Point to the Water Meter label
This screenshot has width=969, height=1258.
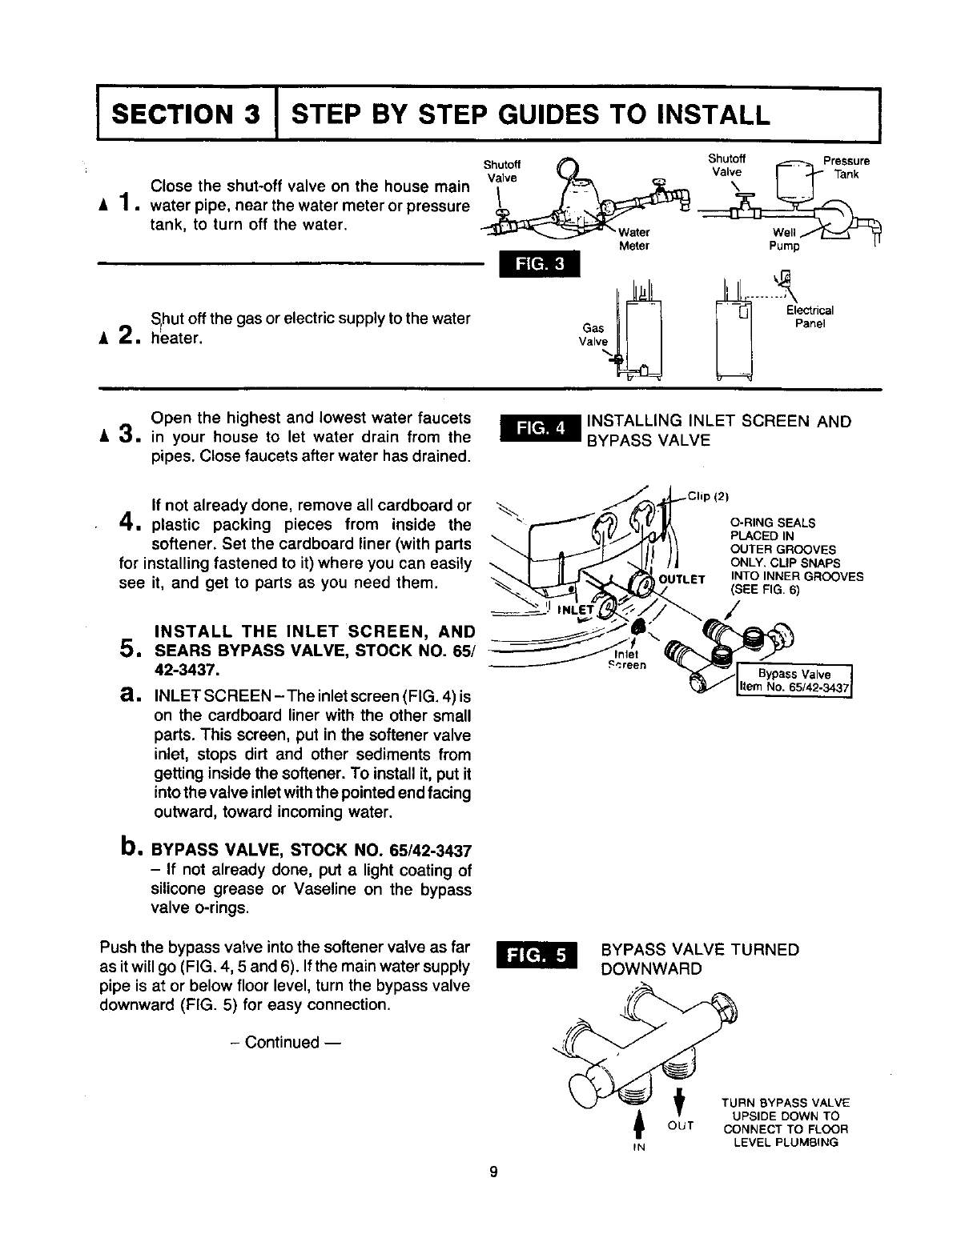click(x=633, y=239)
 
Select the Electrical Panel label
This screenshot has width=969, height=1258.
click(x=810, y=317)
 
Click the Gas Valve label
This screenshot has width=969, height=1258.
click(x=593, y=335)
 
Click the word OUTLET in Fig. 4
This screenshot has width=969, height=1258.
click(x=682, y=579)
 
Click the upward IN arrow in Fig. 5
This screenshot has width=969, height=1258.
click(x=638, y=1124)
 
